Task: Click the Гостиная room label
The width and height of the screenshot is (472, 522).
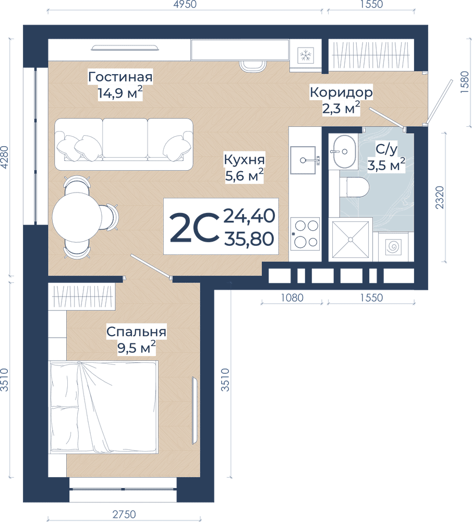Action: pos(120,77)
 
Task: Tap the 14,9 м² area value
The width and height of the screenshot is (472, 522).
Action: pos(120,94)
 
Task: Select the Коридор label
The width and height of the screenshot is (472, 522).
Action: pos(341,92)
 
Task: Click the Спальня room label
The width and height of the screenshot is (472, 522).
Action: pos(136,331)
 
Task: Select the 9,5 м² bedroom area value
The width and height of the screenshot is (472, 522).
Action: pos(137,348)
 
